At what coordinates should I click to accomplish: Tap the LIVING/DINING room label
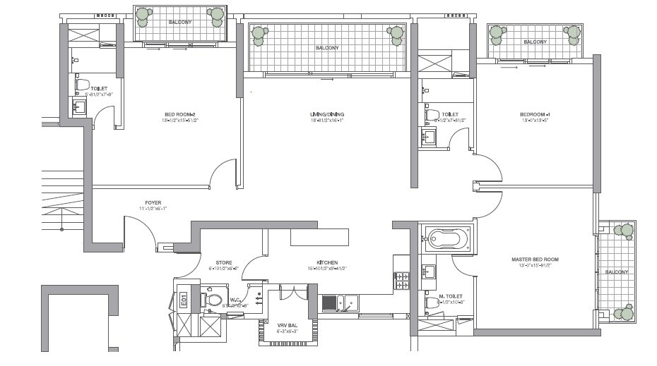(x=327, y=114)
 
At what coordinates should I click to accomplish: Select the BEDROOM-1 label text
(x=535, y=114)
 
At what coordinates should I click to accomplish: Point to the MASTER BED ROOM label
(x=535, y=260)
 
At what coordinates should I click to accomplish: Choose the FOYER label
(x=153, y=202)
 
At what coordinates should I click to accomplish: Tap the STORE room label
(x=214, y=262)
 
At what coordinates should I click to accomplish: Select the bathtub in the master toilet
(x=448, y=238)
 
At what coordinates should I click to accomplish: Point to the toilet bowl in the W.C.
(x=213, y=300)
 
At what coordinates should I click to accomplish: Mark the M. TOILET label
(x=451, y=296)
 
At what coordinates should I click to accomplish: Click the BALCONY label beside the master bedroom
(x=616, y=272)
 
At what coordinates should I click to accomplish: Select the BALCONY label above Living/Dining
(x=327, y=48)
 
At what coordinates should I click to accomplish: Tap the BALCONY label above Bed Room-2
(x=179, y=23)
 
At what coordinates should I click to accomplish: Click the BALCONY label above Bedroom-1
(x=535, y=42)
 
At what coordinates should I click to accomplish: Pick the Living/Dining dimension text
(x=327, y=121)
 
